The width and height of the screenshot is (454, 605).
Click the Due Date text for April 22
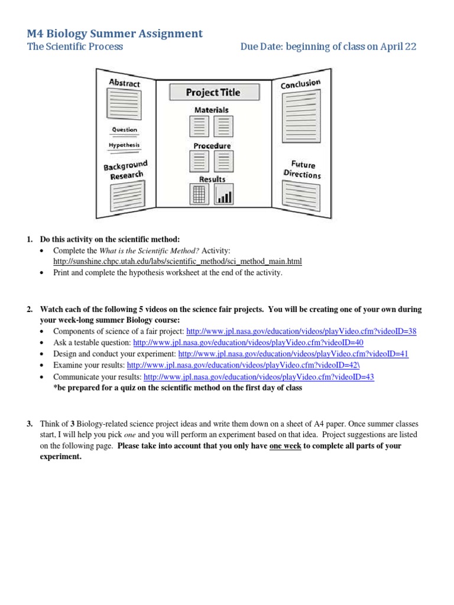[x=328, y=47]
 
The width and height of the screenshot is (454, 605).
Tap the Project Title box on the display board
[x=213, y=92]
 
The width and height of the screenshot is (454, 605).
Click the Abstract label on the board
[x=124, y=83]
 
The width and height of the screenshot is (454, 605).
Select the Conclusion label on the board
[x=300, y=84]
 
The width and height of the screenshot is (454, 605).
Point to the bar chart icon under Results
[x=223, y=194]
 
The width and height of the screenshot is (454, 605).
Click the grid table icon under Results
[x=199, y=194]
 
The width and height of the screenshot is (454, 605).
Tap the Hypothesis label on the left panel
[x=124, y=145]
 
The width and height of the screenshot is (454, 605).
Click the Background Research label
[x=125, y=170]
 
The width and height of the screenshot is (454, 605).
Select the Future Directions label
[x=302, y=170]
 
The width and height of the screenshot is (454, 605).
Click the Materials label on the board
[x=211, y=110]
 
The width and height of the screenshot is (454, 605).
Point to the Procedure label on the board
[x=212, y=145]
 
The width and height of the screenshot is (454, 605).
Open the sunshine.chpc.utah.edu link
[x=177, y=261]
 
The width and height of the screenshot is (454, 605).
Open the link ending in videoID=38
[x=301, y=331]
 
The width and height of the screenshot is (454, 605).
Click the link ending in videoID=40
[x=248, y=343]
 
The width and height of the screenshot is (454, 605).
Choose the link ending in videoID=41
[x=293, y=354]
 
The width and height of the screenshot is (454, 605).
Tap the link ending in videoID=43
[x=259, y=376]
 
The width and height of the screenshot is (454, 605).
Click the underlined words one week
[x=286, y=445]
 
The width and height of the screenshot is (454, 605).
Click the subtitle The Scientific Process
[x=75, y=47]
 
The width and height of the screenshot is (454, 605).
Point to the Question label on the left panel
[x=124, y=129]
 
